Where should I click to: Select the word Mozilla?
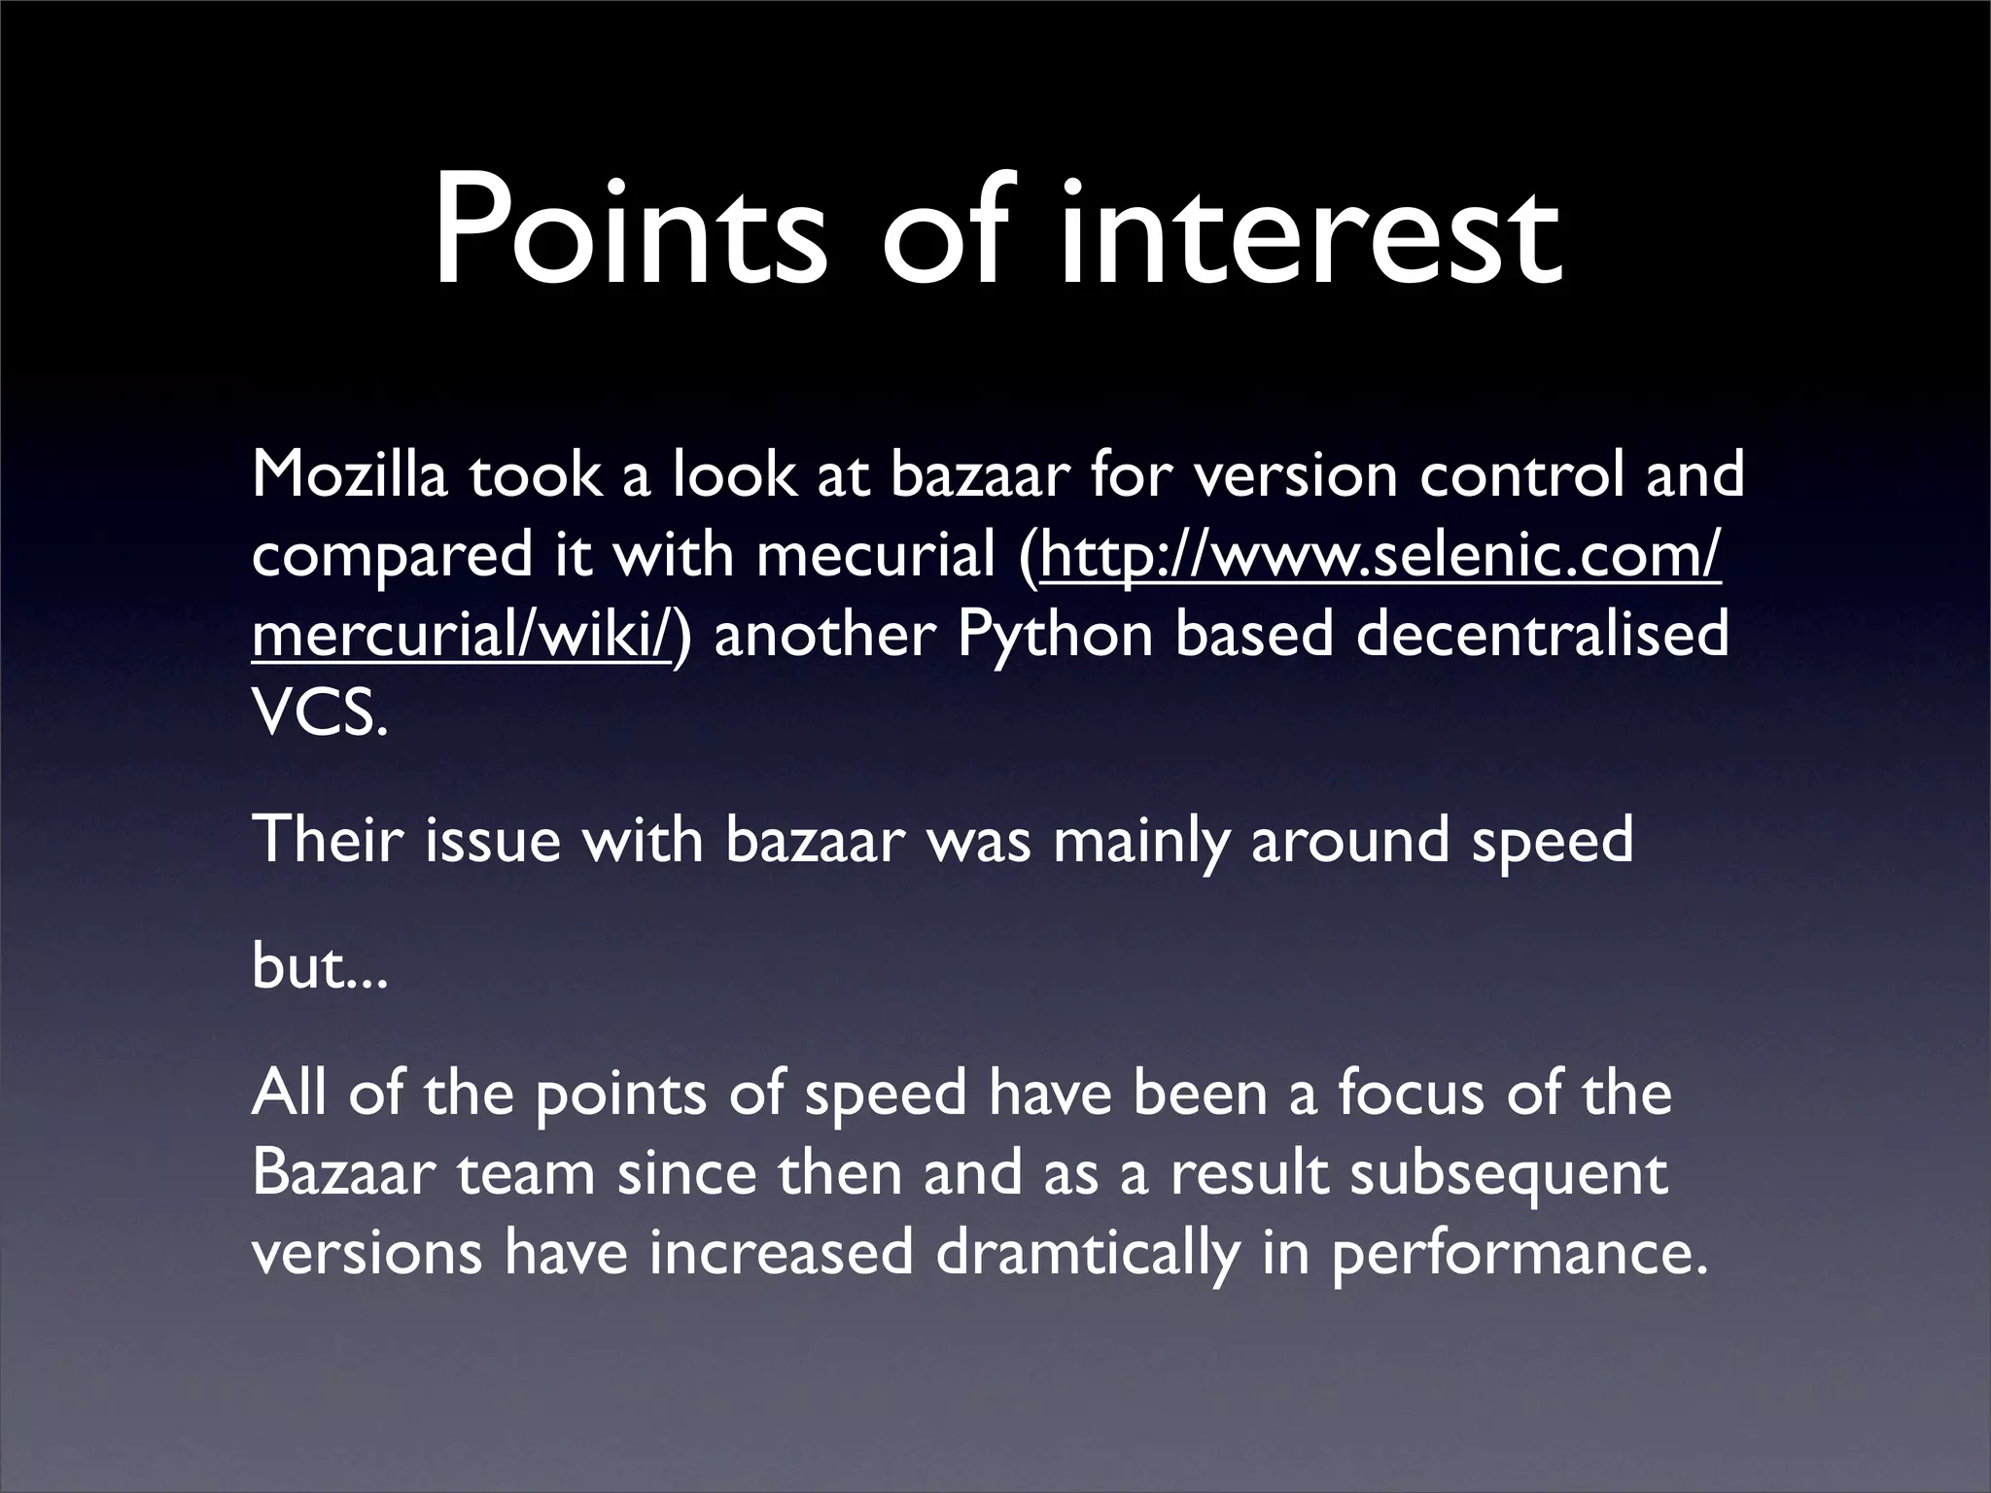350,475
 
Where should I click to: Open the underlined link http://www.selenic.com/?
1380,556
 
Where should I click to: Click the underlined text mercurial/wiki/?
461,635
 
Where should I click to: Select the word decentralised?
1542,635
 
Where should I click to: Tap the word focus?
1411,1092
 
